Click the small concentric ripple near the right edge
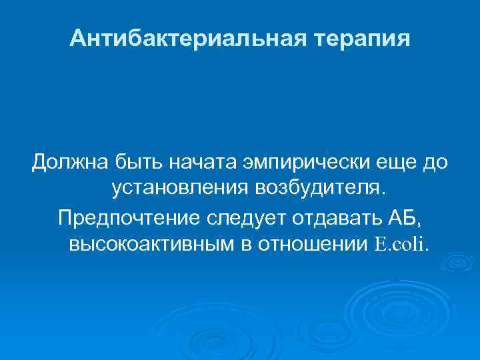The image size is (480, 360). [457, 264]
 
